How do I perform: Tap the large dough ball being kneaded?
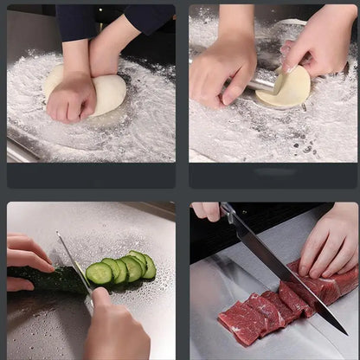106,91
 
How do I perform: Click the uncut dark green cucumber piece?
48,279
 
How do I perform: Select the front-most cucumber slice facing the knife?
99,273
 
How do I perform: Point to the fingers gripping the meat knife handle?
206,210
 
